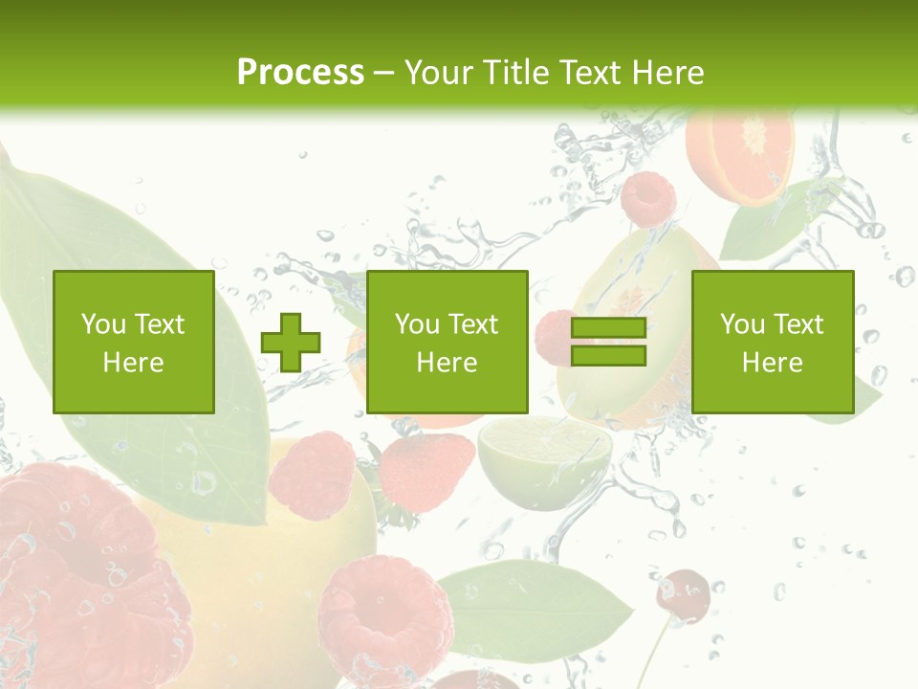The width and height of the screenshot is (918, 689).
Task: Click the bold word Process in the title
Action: point(300,73)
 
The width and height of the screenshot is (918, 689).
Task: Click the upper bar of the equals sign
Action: point(608,328)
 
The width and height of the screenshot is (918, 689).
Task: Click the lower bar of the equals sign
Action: point(608,356)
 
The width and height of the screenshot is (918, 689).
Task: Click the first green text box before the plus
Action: point(134,343)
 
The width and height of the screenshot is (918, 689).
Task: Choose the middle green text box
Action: point(448,343)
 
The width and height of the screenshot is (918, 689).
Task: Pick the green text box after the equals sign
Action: point(773,343)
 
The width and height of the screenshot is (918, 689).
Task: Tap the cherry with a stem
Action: point(683,591)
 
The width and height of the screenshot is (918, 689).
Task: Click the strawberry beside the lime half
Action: point(427,469)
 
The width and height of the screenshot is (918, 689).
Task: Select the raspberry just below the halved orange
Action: point(648,199)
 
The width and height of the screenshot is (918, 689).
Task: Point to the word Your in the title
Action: point(439,73)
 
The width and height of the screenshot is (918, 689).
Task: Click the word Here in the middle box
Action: point(448,363)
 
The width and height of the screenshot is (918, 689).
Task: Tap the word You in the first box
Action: point(101,324)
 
